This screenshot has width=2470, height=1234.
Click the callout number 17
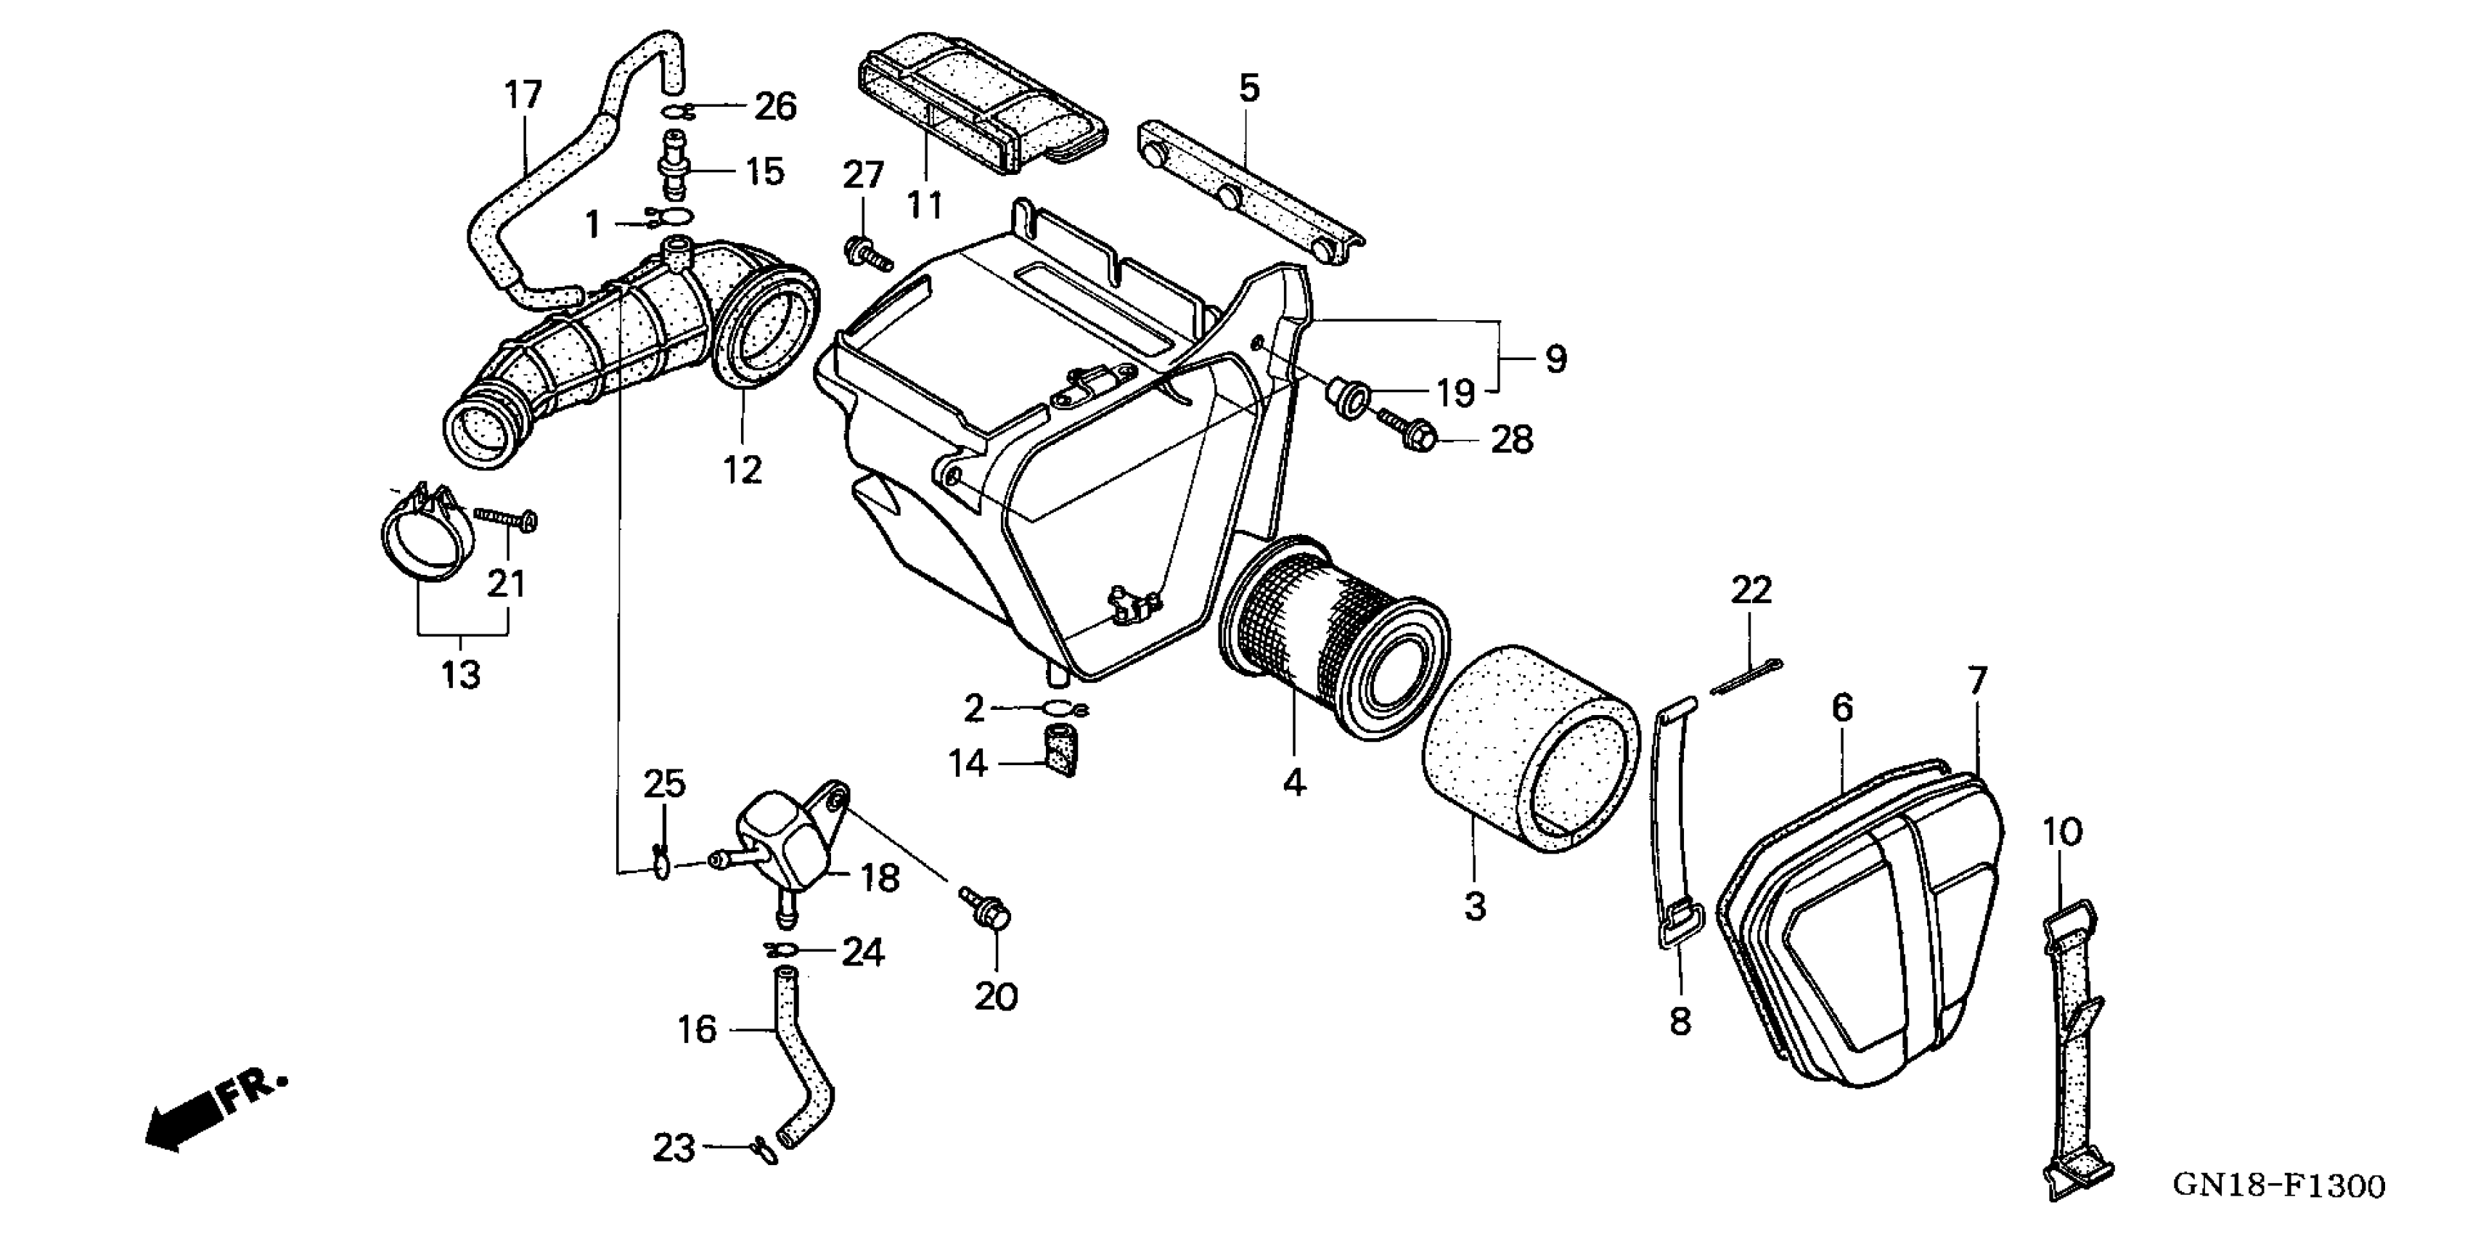523,95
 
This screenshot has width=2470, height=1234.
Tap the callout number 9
1555,359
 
